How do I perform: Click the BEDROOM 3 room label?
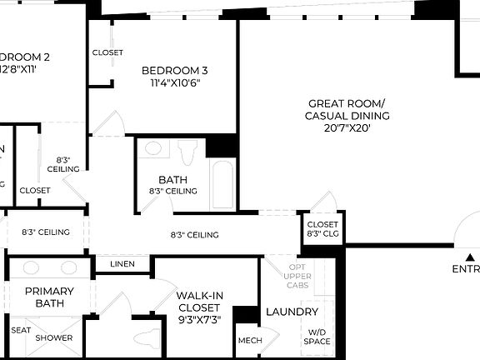point(174,70)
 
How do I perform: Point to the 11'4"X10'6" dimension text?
point(174,82)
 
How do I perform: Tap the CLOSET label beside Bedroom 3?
point(107,52)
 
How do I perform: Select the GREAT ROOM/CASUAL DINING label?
point(346,109)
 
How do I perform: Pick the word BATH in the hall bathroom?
point(172,179)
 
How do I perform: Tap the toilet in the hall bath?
point(186,152)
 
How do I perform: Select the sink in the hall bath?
point(153,150)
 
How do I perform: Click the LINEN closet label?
point(122,264)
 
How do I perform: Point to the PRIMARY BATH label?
point(49,297)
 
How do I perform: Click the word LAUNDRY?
point(292,312)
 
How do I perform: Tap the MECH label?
point(249,341)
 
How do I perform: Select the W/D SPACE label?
point(317,336)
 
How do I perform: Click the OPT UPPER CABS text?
point(297,276)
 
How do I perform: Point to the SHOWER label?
point(53,337)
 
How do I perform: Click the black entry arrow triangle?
point(471,257)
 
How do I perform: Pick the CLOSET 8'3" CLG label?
point(322,229)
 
